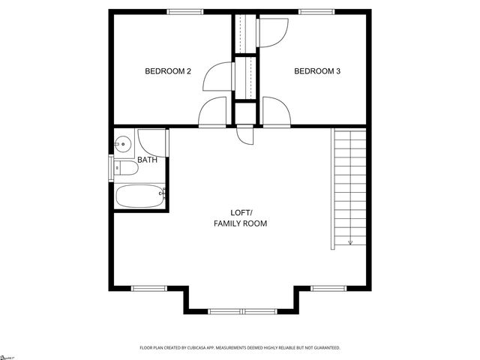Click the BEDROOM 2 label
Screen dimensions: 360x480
point(168,71)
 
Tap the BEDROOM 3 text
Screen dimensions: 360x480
point(317,71)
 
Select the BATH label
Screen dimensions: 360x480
point(148,160)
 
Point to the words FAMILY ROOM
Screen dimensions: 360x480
point(240,223)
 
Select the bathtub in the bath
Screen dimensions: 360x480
point(140,197)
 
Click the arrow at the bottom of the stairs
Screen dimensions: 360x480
point(350,241)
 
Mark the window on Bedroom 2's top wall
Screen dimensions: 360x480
point(184,11)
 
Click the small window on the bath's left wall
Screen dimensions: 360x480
point(112,167)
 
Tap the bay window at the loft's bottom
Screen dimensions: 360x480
point(240,310)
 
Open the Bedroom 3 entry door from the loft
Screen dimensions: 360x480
point(274,112)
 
